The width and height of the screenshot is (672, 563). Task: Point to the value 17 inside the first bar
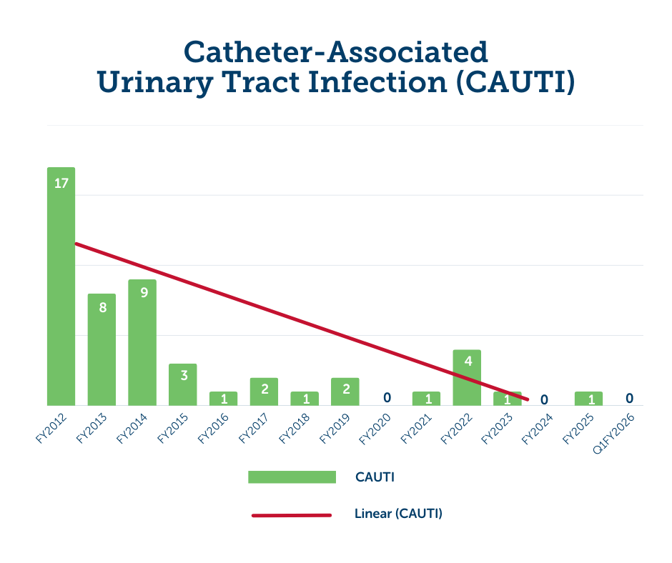pos(61,183)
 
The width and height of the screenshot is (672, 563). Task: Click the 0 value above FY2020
pos(387,397)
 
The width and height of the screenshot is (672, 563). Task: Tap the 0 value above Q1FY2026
pos(629,398)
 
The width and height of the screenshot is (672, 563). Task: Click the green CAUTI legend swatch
pos(292,477)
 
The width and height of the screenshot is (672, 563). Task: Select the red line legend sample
pos(292,514)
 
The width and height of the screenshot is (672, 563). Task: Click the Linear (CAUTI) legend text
pos(398,514)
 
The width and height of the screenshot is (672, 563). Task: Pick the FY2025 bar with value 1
pos(588,398)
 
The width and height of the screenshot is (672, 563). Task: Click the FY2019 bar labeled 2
pos(345,392)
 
